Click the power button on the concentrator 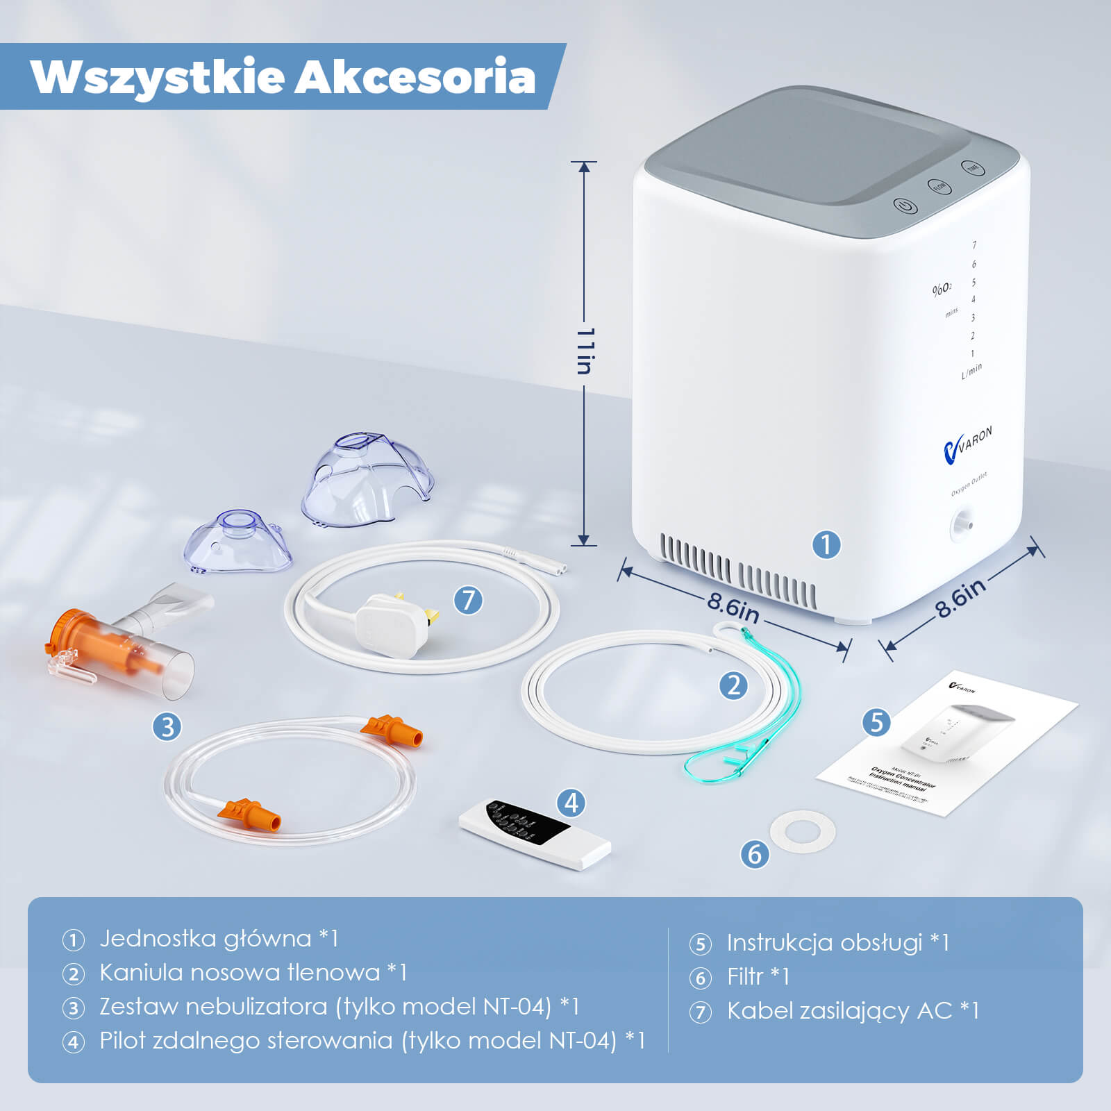(905, 206)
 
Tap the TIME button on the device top (973, 168)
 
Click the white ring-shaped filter (802, 830)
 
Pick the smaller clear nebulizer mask (240, 541)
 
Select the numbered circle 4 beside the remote (571, 803)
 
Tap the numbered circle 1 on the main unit (826, 544)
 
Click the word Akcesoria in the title (415, 77)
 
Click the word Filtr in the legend (745, 976)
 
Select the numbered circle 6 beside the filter (755, 853)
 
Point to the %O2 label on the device (942, 289)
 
